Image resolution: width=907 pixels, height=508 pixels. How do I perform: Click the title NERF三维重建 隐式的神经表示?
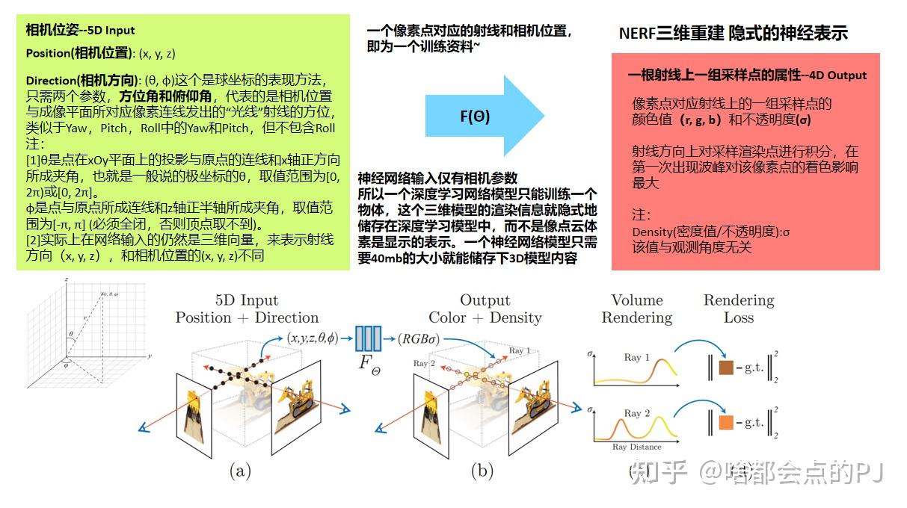[733, 34]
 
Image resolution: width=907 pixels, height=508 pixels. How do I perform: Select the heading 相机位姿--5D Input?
[80, 31]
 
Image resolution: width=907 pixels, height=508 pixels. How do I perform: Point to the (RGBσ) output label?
[419, 338]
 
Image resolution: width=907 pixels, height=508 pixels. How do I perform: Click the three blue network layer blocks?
[369, 338]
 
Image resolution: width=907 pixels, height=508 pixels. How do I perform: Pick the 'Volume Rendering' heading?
[637, 309]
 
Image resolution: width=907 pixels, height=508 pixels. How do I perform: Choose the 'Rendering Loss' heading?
[739, 309]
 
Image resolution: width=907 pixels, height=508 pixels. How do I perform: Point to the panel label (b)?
[482, 471]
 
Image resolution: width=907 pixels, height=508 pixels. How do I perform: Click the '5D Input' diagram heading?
[247, 300]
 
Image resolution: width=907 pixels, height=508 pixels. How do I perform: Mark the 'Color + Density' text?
[485, 317]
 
